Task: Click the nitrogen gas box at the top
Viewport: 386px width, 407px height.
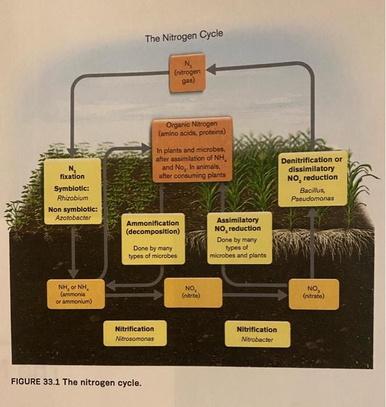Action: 186,72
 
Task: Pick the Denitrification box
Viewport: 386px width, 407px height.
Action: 313,180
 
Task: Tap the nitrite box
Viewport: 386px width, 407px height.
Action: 193,292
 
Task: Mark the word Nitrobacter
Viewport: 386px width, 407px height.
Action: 257,339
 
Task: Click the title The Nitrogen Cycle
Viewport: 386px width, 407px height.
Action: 183,38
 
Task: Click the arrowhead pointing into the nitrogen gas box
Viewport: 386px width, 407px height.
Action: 208,70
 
